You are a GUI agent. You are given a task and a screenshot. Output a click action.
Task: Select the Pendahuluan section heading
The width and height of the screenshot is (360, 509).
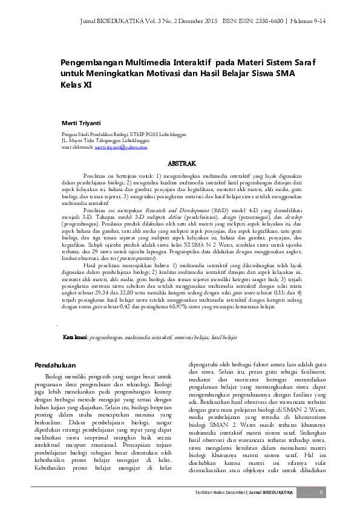54,365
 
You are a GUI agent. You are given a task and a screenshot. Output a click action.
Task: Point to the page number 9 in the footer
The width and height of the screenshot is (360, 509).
321,493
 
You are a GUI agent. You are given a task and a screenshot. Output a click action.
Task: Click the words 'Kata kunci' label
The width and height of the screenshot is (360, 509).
75,336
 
